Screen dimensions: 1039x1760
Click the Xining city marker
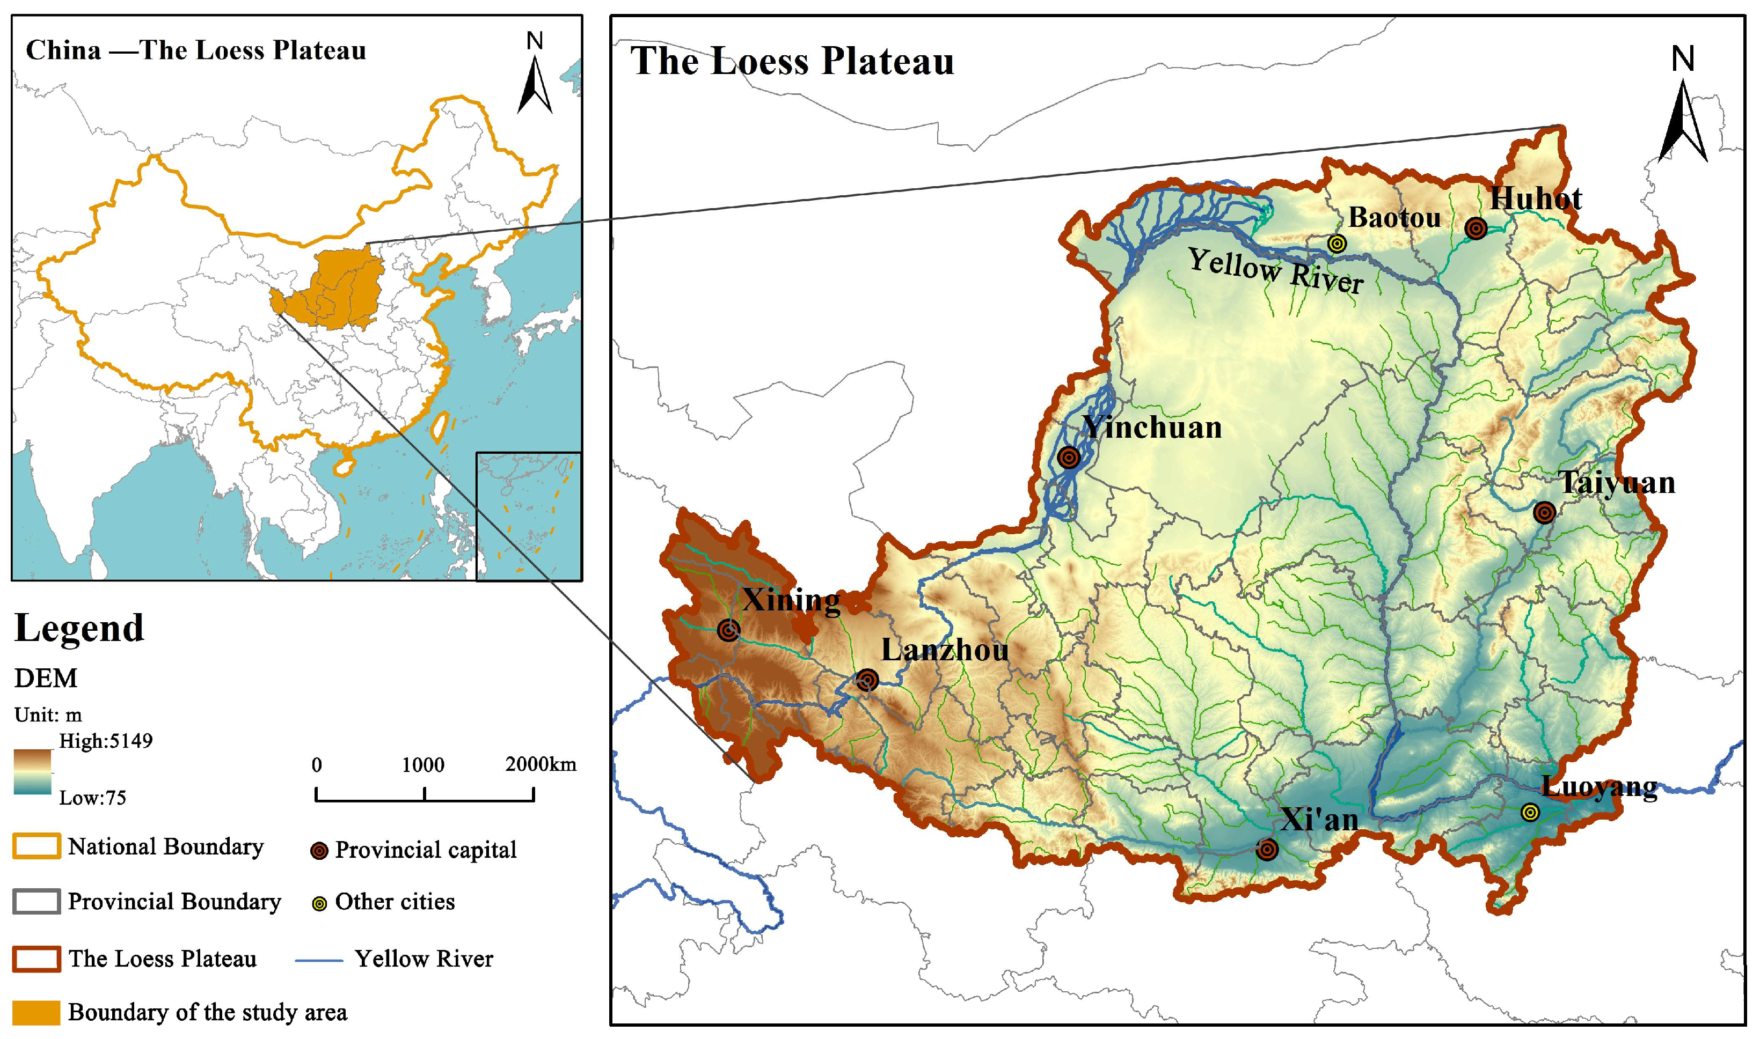(x=729, y=630)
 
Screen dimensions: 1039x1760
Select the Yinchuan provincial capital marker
(x=1069, y=458)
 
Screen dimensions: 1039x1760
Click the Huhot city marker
(x=1476, y=229)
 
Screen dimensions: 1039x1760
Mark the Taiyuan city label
(x=1616, y=483)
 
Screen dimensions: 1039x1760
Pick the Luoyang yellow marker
(x=1530, y=812)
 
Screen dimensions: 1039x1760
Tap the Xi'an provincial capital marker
(x=1267, y=849)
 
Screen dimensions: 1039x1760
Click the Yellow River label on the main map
(x=1275, y=271)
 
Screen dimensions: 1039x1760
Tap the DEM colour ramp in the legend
(x=32, y=771)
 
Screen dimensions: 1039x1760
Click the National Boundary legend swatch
(x=36, y=846)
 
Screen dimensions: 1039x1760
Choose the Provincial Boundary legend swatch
(x=36, y=901)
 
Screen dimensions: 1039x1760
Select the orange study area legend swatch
(x=36, y=1012)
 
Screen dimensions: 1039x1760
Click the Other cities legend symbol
(x=319, y=903)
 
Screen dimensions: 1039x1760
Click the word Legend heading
(x=79, y=628)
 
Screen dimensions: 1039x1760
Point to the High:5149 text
(x=106, y=741)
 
